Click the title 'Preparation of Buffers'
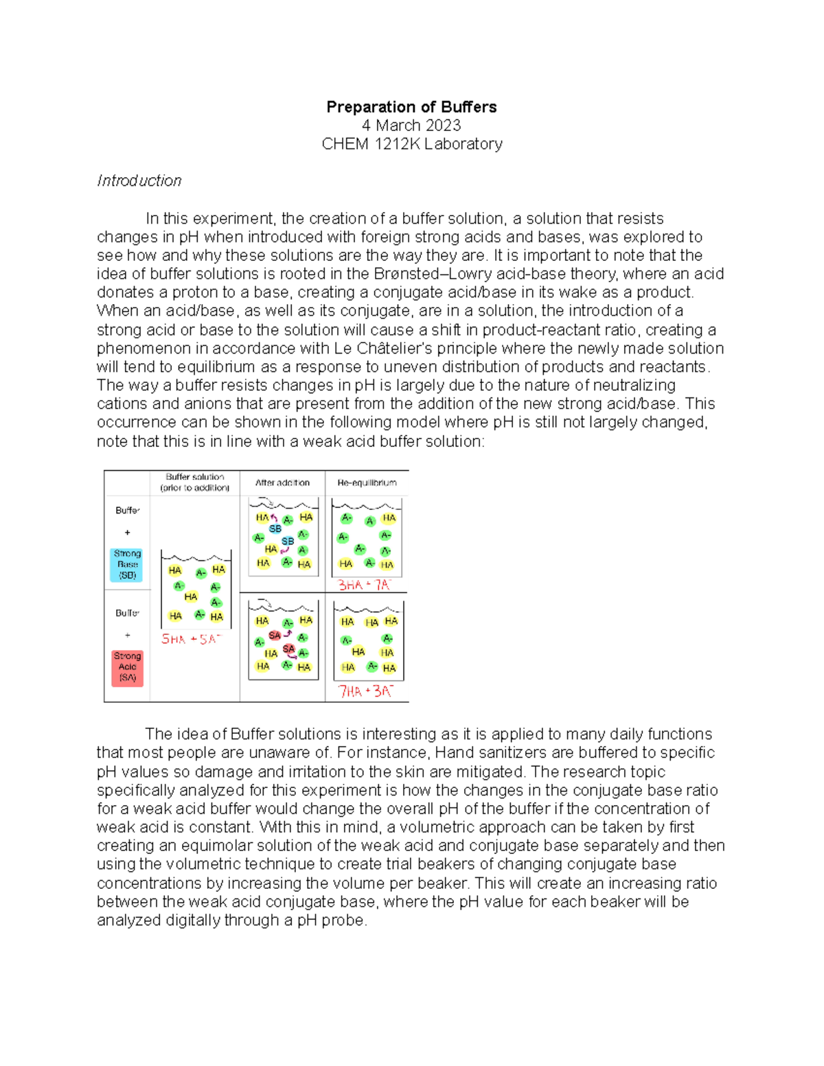[x=411, y=107]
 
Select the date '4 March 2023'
[x=411, y=126]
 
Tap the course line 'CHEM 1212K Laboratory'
[x=412, y=144]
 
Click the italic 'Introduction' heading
[x=139, y=181]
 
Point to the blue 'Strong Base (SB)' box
[x=127, y=564]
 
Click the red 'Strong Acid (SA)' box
[x=127, y=667]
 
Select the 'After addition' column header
[x=282, y=483]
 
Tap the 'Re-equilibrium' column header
[x=367, y=483]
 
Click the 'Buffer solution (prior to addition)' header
[x=195, y=483]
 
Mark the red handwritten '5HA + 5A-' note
[x=192, y=639]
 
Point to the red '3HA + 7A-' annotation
[x=364, y=586]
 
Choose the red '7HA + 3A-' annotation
[x=365, y=691]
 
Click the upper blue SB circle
[x=275, y=529]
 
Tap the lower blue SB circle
[x=288, y=542]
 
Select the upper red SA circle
[x=275, y=636]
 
